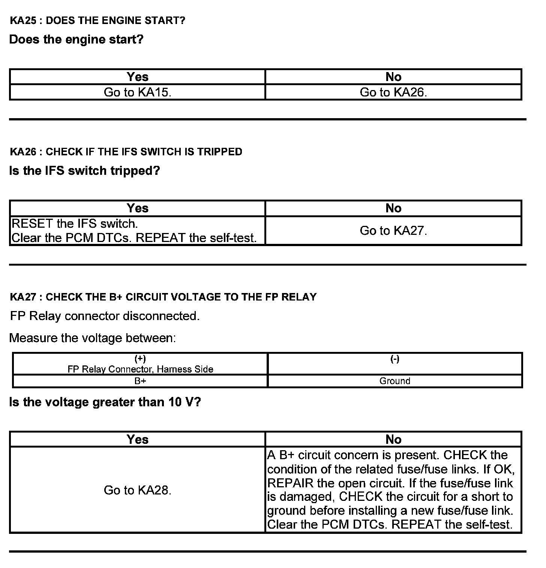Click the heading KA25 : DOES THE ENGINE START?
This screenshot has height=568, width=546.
[97, 20]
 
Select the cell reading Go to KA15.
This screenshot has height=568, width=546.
[137, 92]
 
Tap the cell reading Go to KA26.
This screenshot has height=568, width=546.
[393, 92]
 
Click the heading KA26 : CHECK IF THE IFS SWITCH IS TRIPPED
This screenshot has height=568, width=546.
[126, 152]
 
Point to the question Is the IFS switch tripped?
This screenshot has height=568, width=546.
[84, 171]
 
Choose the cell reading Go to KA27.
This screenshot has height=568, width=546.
[393, 230]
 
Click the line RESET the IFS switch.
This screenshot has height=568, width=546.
[75, 224]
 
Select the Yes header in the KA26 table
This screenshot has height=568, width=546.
[137, 208]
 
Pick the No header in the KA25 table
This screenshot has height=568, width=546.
[393, 77]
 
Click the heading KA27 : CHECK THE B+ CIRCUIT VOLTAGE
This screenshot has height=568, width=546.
[163, 297]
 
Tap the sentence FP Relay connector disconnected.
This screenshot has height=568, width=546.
[105, 316]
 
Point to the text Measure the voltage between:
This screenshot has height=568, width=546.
[92, 338]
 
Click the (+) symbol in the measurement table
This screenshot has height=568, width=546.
[140, 359]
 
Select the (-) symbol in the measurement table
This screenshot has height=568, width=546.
[395, 359]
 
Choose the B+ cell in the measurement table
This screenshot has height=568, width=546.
[140, 381]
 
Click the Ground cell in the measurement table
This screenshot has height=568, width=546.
[395, 381]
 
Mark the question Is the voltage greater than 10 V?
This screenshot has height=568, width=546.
[105, 402]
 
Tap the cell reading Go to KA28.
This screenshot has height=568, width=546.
[137, 490]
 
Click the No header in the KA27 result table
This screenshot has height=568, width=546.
[393, 439]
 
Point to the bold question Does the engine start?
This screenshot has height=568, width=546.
[76, 39]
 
